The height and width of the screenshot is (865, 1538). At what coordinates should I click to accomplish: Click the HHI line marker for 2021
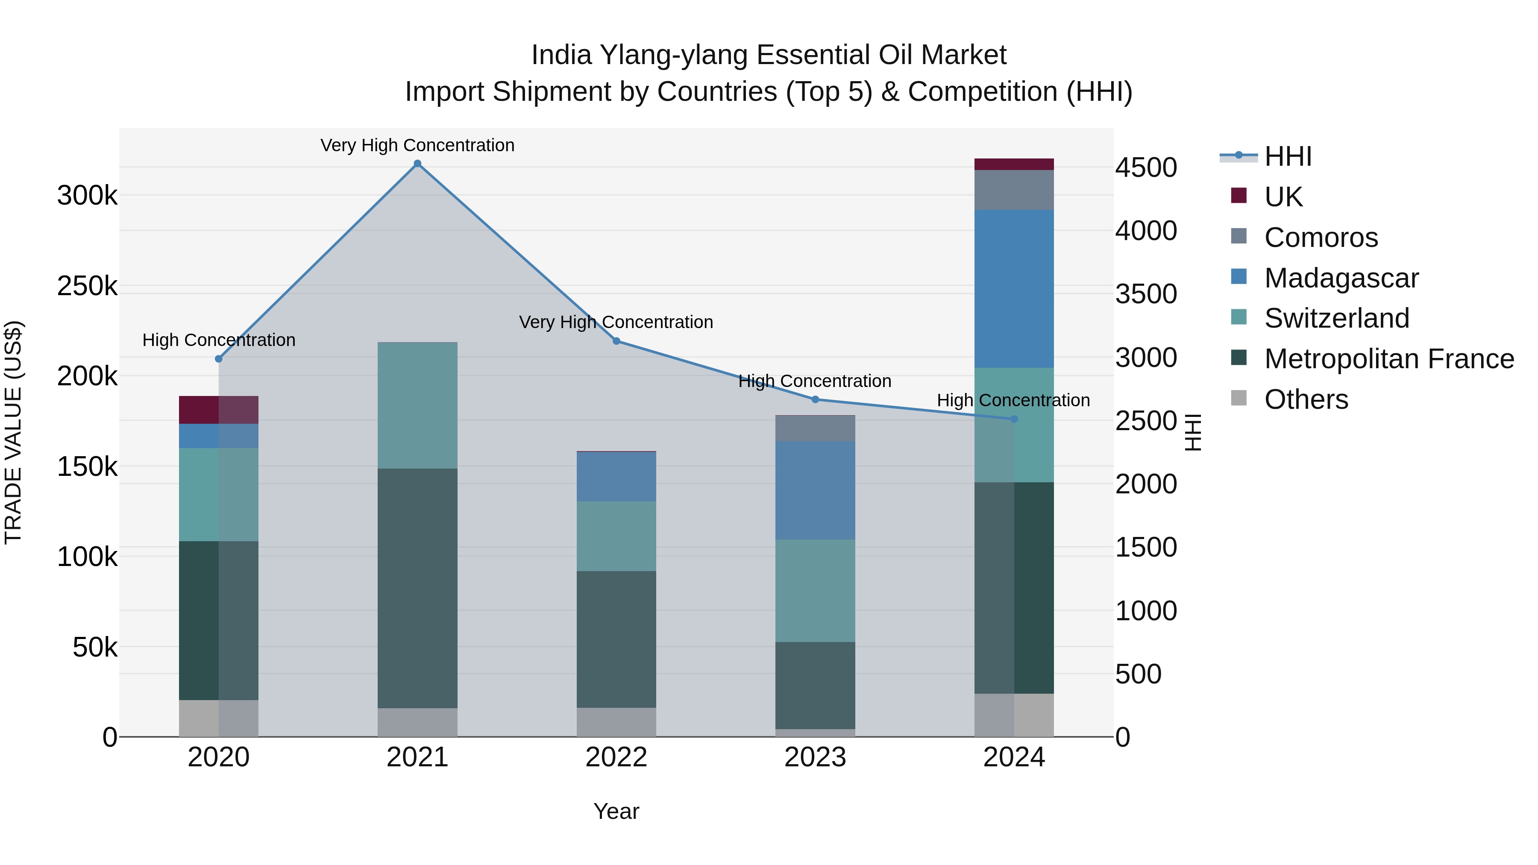click(417, 164)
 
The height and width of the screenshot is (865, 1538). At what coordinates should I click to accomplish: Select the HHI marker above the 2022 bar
click(616, 341)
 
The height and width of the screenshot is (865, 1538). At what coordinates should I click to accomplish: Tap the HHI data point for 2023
click(815, 399)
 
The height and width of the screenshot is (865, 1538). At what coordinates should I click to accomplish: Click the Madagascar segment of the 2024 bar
click(1014, 288)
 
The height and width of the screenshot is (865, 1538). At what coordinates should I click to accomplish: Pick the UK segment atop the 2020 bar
click(218, 410)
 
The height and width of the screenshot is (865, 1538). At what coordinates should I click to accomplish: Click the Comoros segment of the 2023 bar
click(815, 428)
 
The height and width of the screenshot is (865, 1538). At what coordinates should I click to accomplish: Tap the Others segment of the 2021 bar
click(417, 722)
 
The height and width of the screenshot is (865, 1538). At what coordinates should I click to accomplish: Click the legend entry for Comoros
click(1321, 238)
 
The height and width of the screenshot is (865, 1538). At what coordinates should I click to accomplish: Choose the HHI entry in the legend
click(1288, 156)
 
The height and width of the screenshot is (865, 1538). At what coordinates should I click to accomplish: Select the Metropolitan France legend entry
click(1389, 359)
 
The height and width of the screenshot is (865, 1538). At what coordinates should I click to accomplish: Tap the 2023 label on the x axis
click(815, 757)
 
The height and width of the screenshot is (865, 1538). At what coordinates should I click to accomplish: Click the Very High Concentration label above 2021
click(417, 145)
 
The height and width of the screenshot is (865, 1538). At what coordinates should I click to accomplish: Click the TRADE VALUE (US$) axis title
click(13, 432)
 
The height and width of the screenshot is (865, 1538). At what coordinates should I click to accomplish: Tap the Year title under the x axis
click(616, 811)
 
